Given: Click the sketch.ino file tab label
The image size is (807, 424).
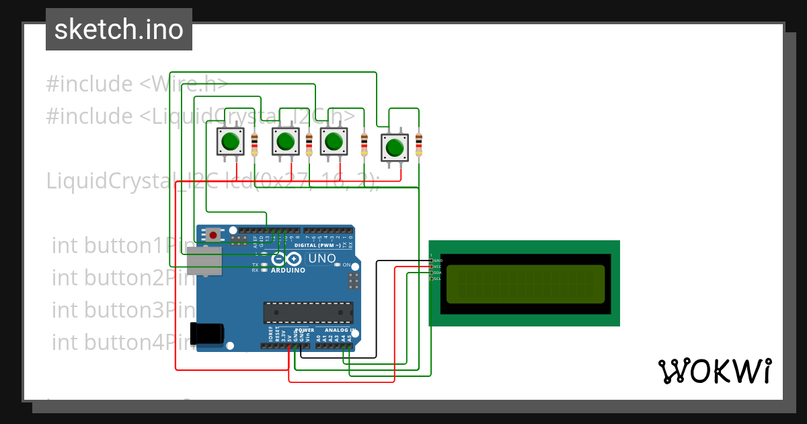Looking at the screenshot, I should coord(119,30).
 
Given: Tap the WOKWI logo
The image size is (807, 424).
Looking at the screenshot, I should coord(714,371).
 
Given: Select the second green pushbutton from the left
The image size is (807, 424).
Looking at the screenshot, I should coord(285,141).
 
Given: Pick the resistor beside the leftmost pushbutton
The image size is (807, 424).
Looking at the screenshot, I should coord(254,145).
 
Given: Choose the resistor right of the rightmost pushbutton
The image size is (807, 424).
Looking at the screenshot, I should coord(419,145).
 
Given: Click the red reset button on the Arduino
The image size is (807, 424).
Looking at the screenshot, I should coord(213,235).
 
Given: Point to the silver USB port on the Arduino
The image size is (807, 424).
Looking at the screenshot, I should coord(204,261).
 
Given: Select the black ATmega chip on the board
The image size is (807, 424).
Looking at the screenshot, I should coord(308,313).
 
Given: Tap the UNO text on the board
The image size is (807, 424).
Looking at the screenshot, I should coord(321,259).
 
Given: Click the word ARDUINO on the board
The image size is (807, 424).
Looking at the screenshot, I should coord(288,271).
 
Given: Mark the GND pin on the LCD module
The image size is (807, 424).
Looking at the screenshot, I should coord(436,260).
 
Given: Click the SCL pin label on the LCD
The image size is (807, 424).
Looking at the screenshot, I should coord(436,279).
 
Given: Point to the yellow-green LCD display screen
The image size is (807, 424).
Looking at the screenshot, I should coord(525,283).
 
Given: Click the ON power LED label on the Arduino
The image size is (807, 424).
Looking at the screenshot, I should coord(346,265).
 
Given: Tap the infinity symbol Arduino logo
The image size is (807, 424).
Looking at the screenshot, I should coord(286,259).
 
